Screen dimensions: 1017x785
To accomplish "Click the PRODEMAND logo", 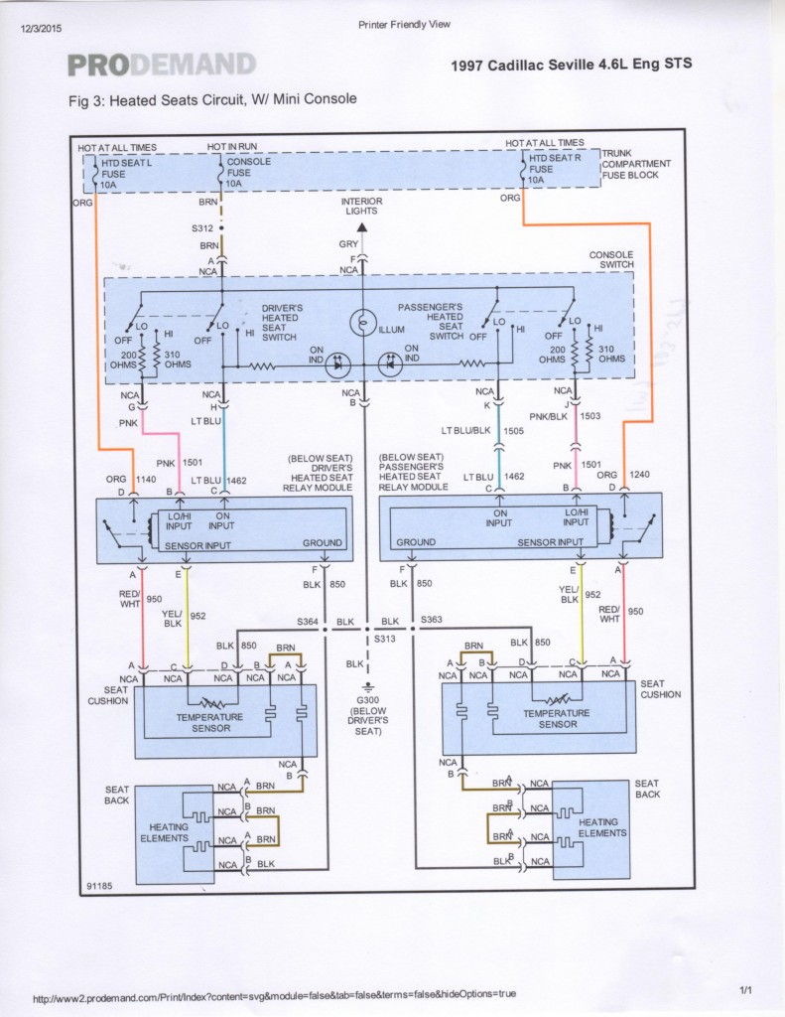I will click(x=161, y=66).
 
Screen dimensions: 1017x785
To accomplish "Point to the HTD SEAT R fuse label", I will click(x=552, y=168).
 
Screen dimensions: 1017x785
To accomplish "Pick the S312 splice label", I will click(x=202, y=227).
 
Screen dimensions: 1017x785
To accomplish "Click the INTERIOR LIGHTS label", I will click(x=362, y=207).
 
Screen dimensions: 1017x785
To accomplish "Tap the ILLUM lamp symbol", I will click(x=362, y=323).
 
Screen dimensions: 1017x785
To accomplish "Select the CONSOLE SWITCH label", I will click(x=610, y=260).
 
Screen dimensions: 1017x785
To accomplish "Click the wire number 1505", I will click(x=511, y=431).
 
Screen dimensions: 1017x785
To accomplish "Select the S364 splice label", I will click(x=308, y=621).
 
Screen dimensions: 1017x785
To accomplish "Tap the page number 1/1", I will click(x=747, y=990).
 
